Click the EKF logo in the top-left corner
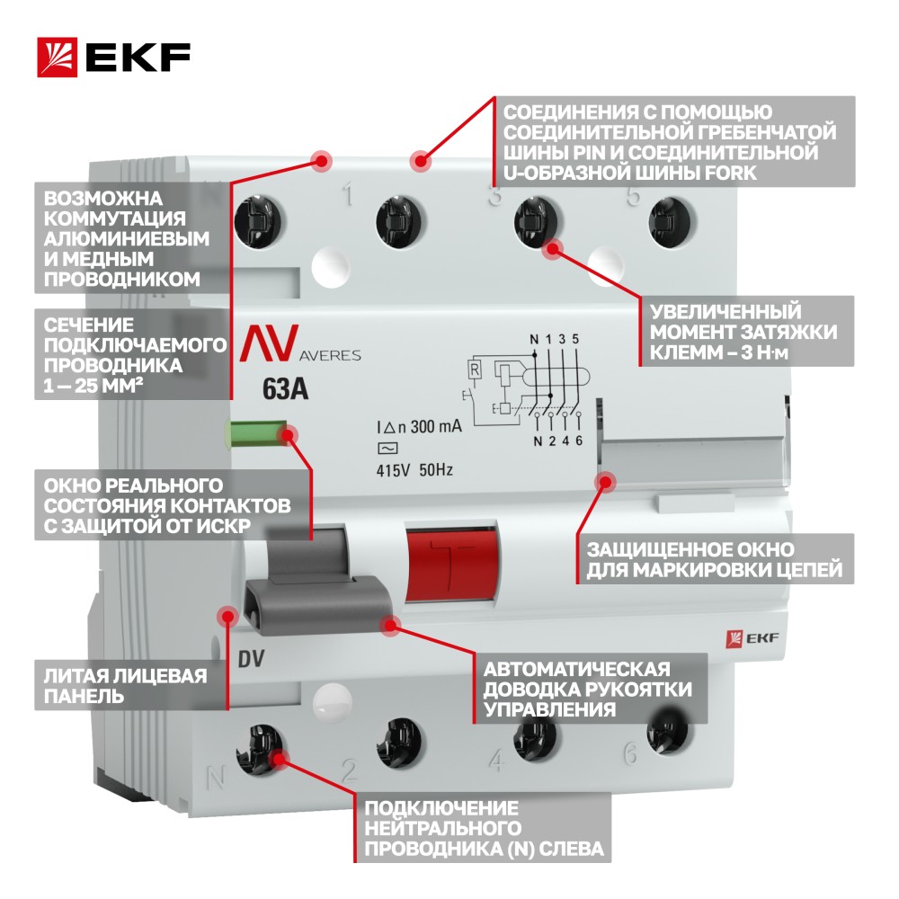113,58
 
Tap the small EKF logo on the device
752,638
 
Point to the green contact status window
257,434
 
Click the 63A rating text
285,389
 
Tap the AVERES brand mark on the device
300,344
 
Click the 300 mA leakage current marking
419,427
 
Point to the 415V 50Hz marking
414,470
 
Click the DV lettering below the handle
251,659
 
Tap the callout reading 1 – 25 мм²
133,354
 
